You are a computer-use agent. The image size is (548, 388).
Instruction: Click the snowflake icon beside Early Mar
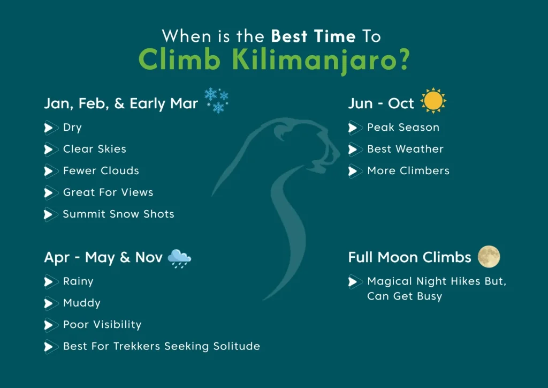217,101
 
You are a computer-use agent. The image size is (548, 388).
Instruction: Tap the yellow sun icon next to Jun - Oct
433,101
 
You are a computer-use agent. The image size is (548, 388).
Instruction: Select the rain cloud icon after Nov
179,258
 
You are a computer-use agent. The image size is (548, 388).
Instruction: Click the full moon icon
489,257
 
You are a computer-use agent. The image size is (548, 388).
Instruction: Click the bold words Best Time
313,36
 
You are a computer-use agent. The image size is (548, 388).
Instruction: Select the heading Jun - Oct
381,103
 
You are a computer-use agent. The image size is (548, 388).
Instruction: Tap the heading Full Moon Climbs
409,257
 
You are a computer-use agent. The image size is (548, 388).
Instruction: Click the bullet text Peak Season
403,128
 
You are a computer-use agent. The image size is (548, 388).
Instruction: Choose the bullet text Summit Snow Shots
118,214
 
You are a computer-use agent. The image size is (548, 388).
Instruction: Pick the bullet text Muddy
81,303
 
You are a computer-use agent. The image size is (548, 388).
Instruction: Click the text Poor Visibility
102,325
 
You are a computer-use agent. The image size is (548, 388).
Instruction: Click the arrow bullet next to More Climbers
354,171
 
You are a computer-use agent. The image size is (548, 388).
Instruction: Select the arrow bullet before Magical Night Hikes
354,282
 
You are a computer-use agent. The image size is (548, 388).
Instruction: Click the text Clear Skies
94,149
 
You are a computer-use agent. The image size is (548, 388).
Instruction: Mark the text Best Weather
405,149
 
